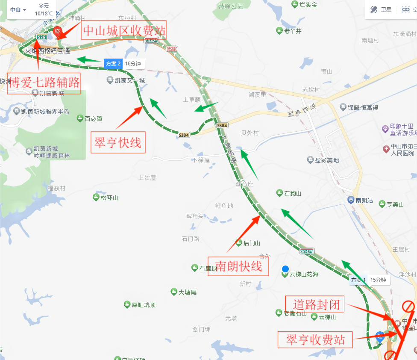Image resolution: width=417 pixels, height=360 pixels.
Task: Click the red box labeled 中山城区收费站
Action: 124,31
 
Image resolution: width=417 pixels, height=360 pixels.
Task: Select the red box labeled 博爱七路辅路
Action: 44,83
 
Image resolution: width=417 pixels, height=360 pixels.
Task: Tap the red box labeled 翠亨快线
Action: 118,142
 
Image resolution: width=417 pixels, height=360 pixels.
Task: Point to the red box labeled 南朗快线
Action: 238,266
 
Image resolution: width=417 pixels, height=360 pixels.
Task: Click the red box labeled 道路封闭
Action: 316,304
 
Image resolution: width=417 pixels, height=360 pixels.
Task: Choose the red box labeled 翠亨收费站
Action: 316,339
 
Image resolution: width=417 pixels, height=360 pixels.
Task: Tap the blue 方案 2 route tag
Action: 113,64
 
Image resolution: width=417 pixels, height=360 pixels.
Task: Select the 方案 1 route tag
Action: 358,280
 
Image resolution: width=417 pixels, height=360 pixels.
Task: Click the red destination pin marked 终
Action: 57,31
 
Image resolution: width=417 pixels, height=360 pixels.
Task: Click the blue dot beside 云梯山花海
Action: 285,269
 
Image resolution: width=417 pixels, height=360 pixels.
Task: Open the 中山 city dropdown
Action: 18,9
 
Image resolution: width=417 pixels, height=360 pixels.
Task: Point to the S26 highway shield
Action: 41,37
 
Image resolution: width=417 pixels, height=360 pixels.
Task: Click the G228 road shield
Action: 172,49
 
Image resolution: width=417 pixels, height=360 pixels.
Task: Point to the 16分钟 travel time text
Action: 134,64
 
